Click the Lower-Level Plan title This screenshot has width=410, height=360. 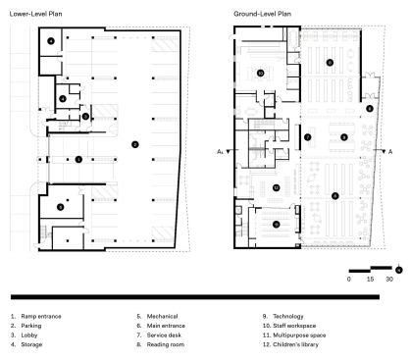(35, 14)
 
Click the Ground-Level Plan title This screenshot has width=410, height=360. (262, 14)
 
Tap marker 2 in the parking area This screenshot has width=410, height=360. (134, 144)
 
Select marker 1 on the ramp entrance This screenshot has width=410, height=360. (78, 159)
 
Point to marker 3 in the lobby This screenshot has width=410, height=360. (85, 116)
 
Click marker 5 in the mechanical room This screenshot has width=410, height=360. (60, 207)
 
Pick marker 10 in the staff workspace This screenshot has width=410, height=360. (261, 73)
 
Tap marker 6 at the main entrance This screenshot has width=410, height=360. (370, 109)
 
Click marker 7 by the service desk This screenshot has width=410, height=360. (308, 137)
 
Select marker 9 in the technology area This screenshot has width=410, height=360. (343, 137)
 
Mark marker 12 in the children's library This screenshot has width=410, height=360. (277, 187)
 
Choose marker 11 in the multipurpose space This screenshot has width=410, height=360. (277, 225)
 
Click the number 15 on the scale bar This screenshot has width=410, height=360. (370, 280)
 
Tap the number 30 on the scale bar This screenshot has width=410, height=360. (389, 280)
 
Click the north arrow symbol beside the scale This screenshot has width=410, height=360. (399, 269)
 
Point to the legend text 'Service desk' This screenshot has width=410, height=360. (164, 335)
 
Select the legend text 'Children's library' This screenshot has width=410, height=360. (295, 344)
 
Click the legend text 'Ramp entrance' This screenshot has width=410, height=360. (41, 316)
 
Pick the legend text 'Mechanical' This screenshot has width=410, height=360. (162, 316)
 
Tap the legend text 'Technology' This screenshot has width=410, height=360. (288, 317)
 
